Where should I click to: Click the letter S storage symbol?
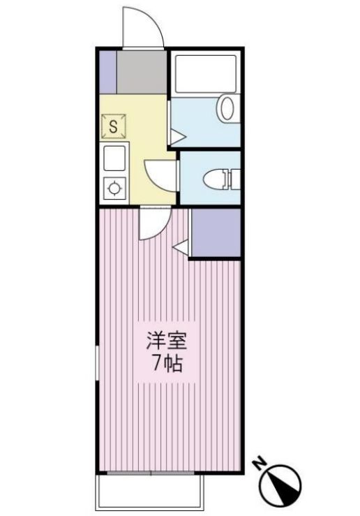(113, 127)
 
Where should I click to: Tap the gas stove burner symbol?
(113, 188)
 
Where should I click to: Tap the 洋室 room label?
(167, 343)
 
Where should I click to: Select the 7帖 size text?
(167, 364)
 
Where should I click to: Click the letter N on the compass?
(260, 462)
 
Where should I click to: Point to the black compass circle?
(283, 482)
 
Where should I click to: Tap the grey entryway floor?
(142, 72)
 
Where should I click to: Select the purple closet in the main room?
(215, 233)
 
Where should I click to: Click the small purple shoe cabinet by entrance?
(107, 72)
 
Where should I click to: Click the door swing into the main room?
(150, 225)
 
